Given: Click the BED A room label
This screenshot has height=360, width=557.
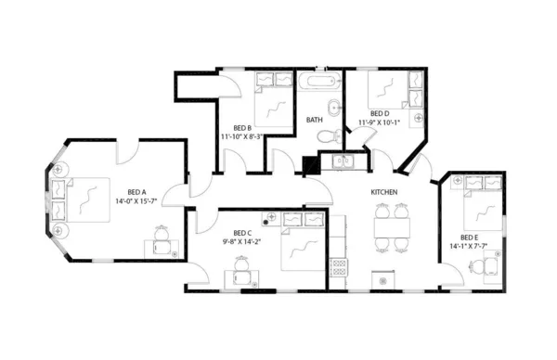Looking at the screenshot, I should coord(123,191).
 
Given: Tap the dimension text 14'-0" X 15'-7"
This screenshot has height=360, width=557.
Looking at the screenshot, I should coord(136,200).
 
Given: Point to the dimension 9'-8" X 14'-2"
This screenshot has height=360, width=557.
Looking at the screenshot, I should coord(241,242).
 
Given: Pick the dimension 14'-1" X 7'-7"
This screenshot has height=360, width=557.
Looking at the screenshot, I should coord(469,247).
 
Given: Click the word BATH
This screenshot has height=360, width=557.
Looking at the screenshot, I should coord(315,120).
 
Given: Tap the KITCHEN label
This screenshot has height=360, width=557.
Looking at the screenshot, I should coord(385,192).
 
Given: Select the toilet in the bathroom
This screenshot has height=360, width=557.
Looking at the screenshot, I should coord(325,136).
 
